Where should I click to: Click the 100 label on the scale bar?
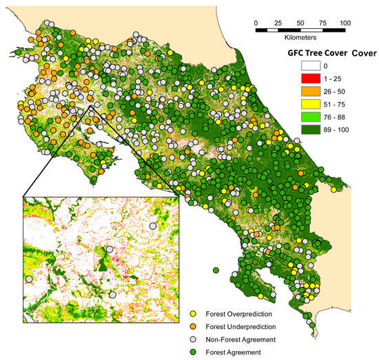click(345, 23)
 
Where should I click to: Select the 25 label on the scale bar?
click(278, 23)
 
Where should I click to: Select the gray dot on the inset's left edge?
click(28, 279)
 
